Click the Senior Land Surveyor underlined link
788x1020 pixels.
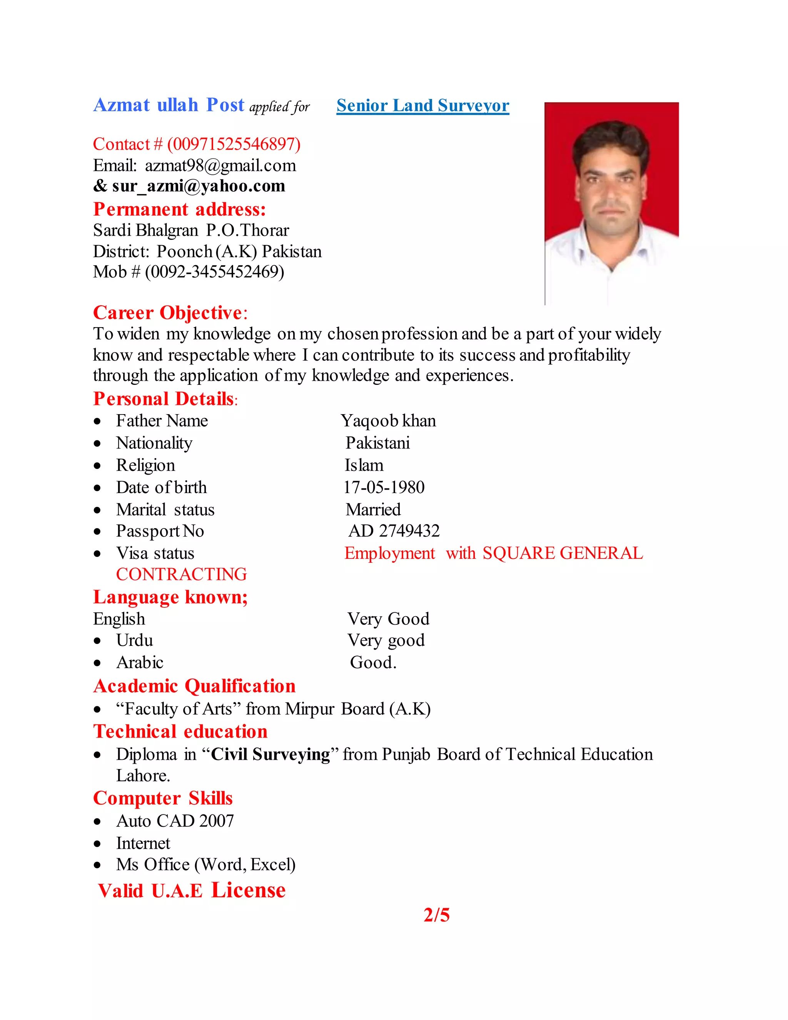(x=422, y=105)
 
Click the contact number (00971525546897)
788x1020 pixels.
(x=234, y=144)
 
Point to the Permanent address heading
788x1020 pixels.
(x=179, y=209)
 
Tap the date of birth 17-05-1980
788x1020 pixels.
(x=384, y=487)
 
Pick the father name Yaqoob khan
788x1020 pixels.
(x=388, y=421)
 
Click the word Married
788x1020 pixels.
(x=373, y=509)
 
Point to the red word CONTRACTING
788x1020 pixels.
(x=182, y=574)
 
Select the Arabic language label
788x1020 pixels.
(x=140, y=662)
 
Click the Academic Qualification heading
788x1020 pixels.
(x=194, y=686)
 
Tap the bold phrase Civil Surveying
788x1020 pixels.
(x=270, y=754)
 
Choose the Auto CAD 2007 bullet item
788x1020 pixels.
(x=175, y=821)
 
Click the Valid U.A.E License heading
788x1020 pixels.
(x=191, y=890)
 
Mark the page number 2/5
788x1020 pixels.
(x=436, y=915)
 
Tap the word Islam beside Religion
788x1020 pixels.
(x=364, y=465)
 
